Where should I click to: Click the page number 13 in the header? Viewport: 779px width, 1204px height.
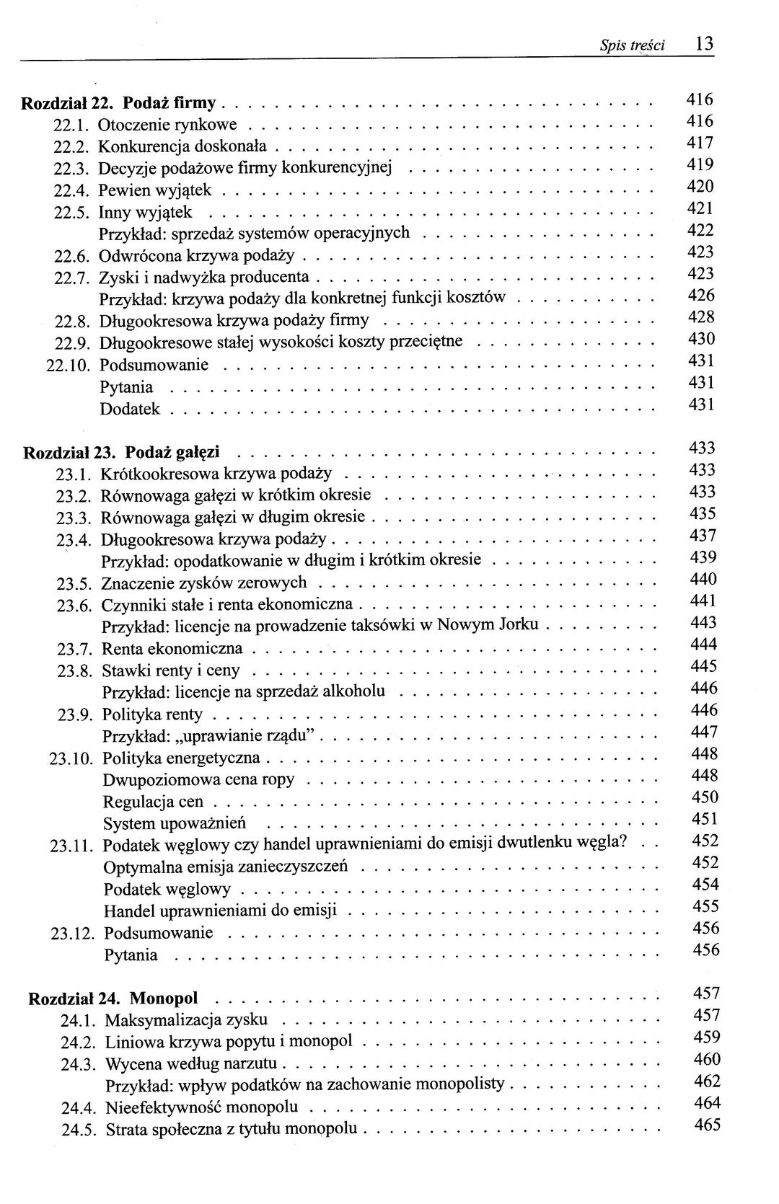coord(705,43)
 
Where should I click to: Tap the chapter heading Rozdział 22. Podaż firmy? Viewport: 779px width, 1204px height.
coord(123,103)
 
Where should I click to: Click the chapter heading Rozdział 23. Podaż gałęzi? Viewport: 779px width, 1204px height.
coord(122,453)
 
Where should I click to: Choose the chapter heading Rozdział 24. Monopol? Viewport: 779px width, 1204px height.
coord(113,1000)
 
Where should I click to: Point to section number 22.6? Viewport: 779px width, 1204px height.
coord(71,257)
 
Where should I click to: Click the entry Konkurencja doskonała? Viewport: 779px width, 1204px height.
coord(182,147)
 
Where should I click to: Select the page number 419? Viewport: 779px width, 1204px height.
coord(700,165)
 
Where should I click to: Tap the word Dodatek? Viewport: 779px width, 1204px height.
coord(130,410)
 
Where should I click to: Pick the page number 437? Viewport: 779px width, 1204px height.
coord(703,536)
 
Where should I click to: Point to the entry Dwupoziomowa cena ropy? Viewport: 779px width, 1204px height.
coord(199,781)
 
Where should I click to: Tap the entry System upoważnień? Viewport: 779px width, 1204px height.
coord(175,824)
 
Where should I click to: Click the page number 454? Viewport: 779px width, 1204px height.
coord(705,885)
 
